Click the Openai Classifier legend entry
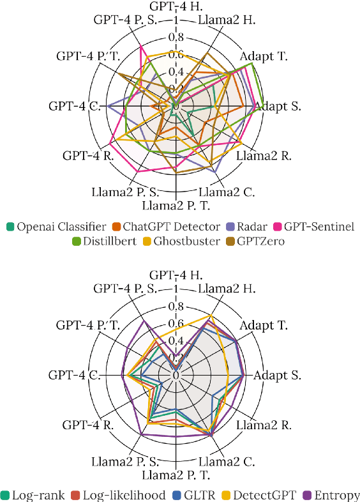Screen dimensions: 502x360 pyautogui.click(x=56, y=225)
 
